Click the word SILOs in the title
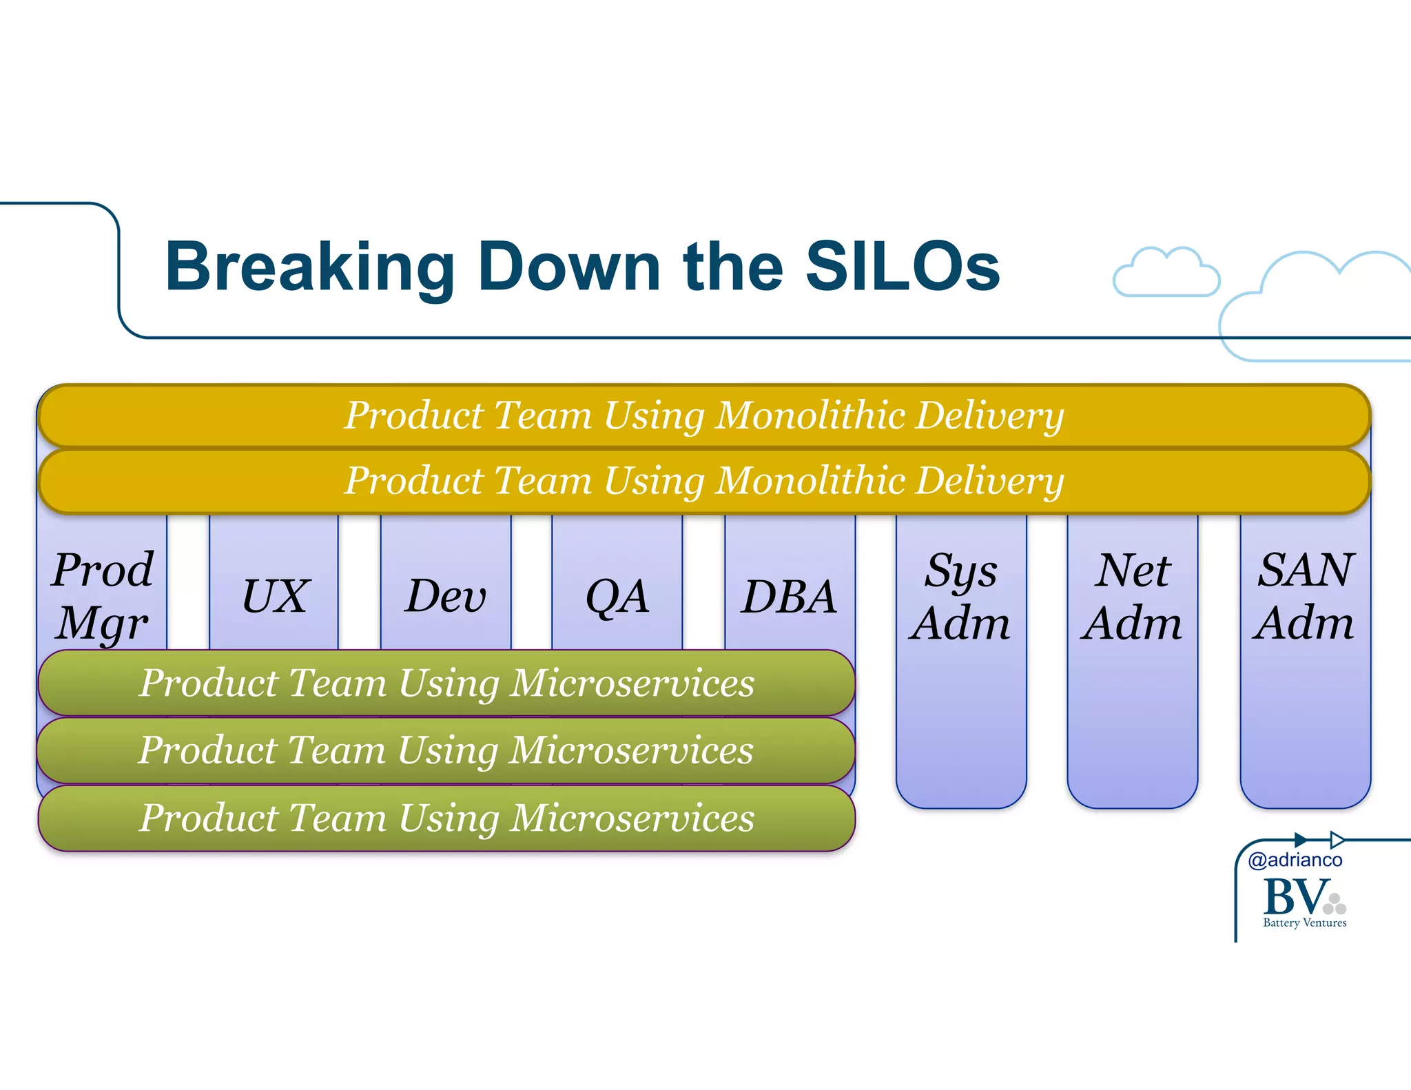click(x=902, y=267)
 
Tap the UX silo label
click(x=275, y=596)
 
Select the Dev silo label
click(x=446, y=596)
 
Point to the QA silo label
click(x=617, y=596)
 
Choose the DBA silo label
click(x=790, y=596)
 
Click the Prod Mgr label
click(x=103, y=596)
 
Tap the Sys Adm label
click(x=960, y=596)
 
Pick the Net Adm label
click(x=1132, y=596)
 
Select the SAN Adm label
click(x=1305, y=596)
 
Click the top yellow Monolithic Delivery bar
click(x=703, y=415)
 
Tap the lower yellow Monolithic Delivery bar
click(x=703, y=480)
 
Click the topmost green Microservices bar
click(x=446, y=683)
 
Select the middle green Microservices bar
click(x=446, y=750)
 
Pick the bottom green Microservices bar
click(x=446, y=818)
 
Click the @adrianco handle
click(x=1295, y=860)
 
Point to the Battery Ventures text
click(x=1304, y=923)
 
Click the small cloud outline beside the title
click(x=1166, y=274)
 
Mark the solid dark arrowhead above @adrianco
click(x=1301, y=839)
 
